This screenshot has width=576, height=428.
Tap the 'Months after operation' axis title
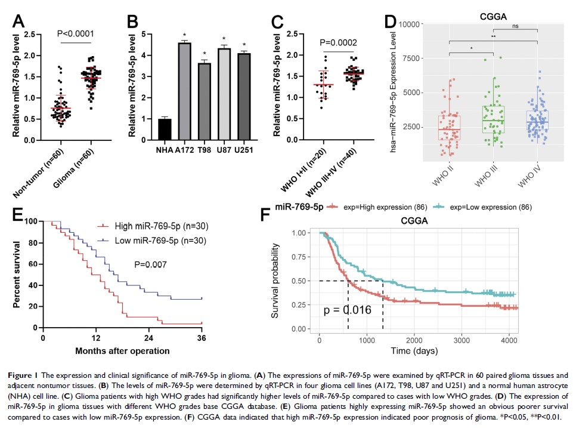(122, 350)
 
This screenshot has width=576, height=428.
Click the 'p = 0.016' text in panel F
(348, 310)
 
